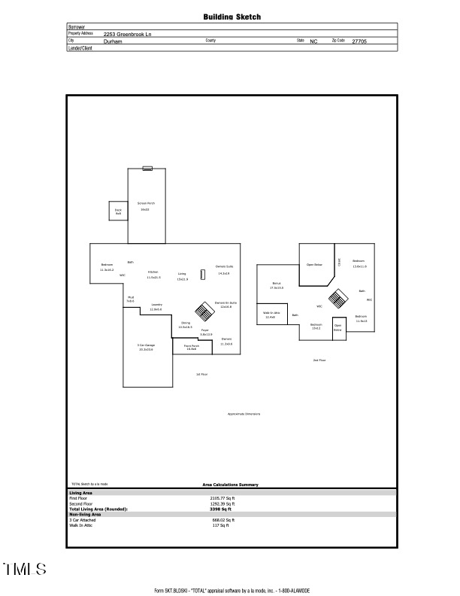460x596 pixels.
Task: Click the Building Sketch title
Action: click(232, 17)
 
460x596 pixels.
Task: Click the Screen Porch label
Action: click(146, 203)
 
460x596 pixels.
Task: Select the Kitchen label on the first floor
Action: click(153, 272)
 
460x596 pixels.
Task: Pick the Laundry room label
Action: click(156, 305)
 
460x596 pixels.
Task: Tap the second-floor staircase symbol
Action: click(340, 299)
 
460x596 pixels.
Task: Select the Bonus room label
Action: click(276, 284)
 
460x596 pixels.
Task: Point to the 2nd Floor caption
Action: click(319, 360)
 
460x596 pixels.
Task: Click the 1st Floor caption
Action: click(201, 374)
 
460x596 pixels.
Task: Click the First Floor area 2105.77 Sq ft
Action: click(222, 498)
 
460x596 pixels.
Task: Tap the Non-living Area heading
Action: click(85, 515)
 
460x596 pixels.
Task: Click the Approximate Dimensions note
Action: click(244, 414)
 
